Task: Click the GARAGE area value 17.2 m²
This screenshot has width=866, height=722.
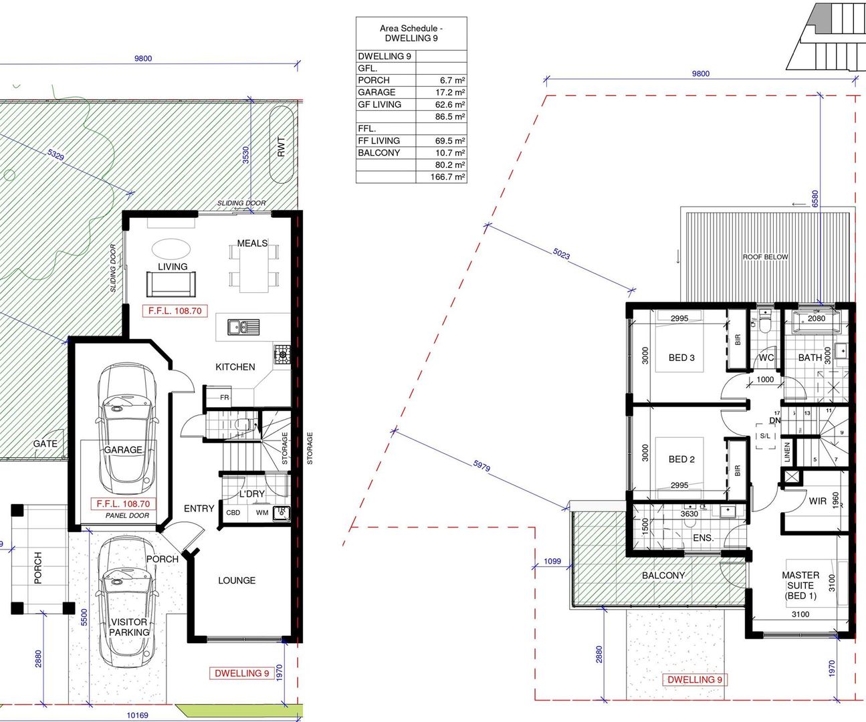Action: (x=450, y=92)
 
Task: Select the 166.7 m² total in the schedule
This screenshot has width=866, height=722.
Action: (x=447, y=177)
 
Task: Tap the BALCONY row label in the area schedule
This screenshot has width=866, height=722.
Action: (x=378, y=153)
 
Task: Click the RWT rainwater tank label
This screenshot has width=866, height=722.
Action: (x=282, y=147)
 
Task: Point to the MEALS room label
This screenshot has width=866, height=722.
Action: (x=252, y=243)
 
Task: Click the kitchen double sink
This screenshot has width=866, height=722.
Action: (x=243, y=327)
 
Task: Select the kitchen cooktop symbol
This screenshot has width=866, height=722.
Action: (x=282, y=354)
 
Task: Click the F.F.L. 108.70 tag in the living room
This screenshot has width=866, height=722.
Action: (x=175, y=311)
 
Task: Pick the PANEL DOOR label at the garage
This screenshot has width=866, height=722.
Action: (x=127, y=515)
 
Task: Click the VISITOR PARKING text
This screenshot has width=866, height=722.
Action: (x=129, y=627)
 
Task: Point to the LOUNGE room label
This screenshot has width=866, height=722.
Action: (x=237, y=580)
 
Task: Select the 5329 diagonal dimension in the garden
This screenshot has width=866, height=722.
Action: (x=56, y=154)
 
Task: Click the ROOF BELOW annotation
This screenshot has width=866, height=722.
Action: (x=765, y=257)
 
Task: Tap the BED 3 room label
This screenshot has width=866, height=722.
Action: (x=681, y=358)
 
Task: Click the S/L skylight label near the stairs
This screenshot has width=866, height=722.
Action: (x=765, y=436)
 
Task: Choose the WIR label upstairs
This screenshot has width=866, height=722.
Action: (x=818, y=501)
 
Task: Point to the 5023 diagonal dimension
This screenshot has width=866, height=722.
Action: (x=561, y=254)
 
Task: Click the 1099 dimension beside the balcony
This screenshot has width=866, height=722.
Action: (x=552, y=561)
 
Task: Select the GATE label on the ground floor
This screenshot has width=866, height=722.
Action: (x=45, y=444)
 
